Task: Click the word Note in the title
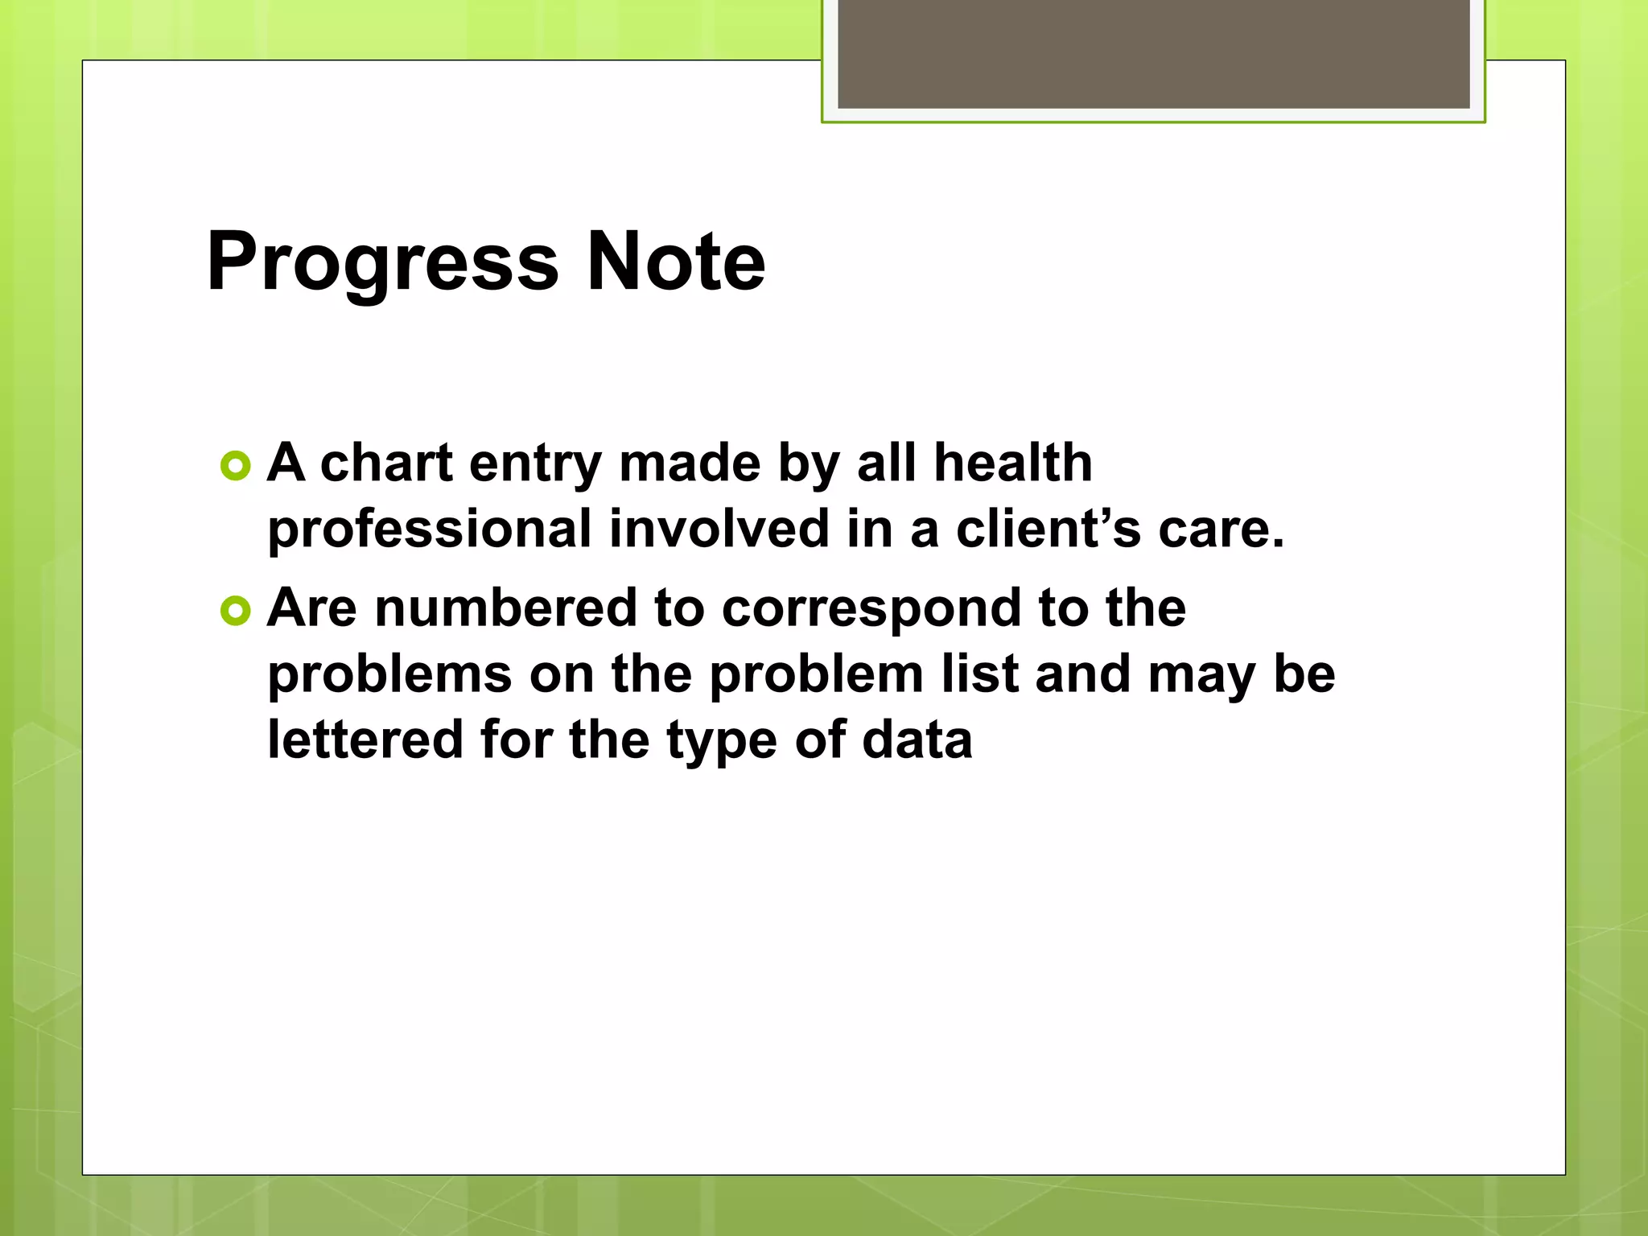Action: [676, 262]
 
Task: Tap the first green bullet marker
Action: [235, 466]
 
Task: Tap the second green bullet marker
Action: [235, 612]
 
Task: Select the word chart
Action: [386, 463]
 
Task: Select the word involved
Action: [719, 529]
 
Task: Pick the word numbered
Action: [506, 608]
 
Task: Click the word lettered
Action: [365, 740]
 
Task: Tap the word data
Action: [917, 740]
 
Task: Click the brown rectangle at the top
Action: [1153, 53]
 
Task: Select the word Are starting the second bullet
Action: [311, 608]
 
